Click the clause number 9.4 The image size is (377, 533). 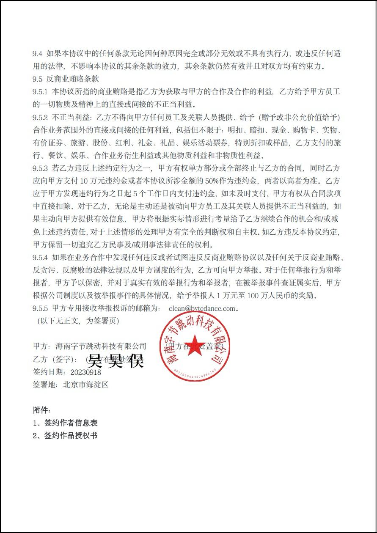pyautogui.click(x=38, y=54)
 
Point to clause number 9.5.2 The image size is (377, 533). pyautogui.click(x=41, y=117)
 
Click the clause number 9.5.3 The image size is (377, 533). pyautogui.click(x=41, y=168)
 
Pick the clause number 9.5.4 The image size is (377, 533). pyautogui.click(x=41, y=257)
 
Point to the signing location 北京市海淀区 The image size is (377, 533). pyautogui.click(x=86, y=385)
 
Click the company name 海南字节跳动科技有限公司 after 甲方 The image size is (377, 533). pyautogui.click(x=101, y=347)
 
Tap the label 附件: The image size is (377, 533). pyautogui.click(x=41, y=410)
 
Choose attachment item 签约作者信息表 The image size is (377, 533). pyautogui.click(x=71, y=423)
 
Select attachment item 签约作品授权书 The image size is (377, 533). pyautogui.click(x=71, y=435)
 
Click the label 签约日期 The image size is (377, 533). pyautogui.click(x=49, y=372)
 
